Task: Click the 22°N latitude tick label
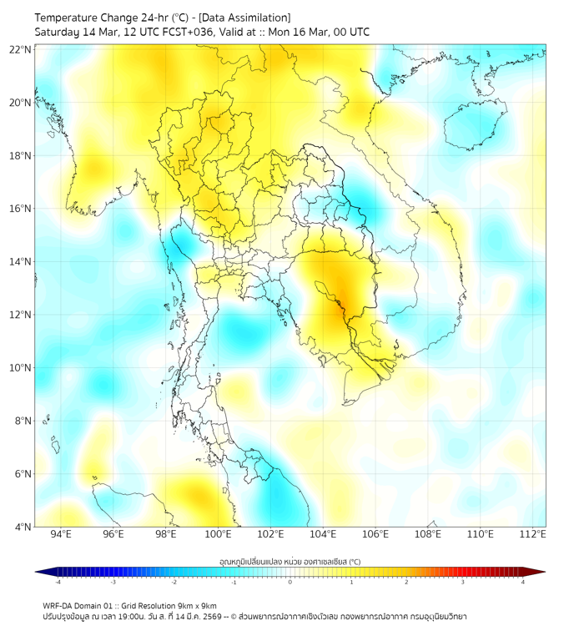click(x=21, y=49)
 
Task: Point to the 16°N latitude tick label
click(x=21, y=209)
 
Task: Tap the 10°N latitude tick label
click(x=21, y=368)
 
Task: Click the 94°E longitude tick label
click(x=61, y=534)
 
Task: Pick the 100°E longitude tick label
click(x=219, y=534)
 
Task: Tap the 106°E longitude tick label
click(x=376, y=534)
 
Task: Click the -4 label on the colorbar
click(x=58, y=583)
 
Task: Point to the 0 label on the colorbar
click(x=290, y=583)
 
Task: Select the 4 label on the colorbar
click(x=523, y=583)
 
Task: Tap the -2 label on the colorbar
click(x=174, y=583)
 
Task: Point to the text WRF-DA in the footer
click(x=58, y=605)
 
